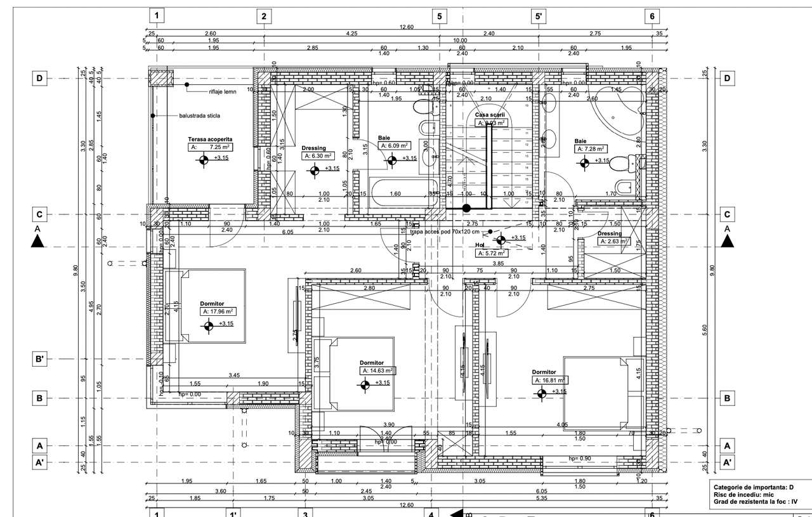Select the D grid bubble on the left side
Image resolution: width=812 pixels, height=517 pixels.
coord(39,78)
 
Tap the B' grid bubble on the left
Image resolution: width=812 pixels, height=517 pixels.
coord(39,359)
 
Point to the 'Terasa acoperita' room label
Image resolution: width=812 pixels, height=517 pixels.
coord(210,138)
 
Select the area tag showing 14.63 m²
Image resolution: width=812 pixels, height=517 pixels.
coord(378,370)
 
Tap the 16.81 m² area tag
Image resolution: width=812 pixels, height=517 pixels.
coord(549,380)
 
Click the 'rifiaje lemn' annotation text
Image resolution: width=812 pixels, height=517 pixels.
coord(223,92)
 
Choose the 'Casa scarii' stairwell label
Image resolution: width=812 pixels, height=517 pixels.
coord(490,115)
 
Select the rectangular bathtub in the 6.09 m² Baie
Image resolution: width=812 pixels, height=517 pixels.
coord(395,193)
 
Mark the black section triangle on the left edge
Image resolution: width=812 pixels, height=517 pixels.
coord(37,240)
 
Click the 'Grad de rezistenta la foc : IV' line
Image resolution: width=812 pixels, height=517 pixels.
coord(755,501)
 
